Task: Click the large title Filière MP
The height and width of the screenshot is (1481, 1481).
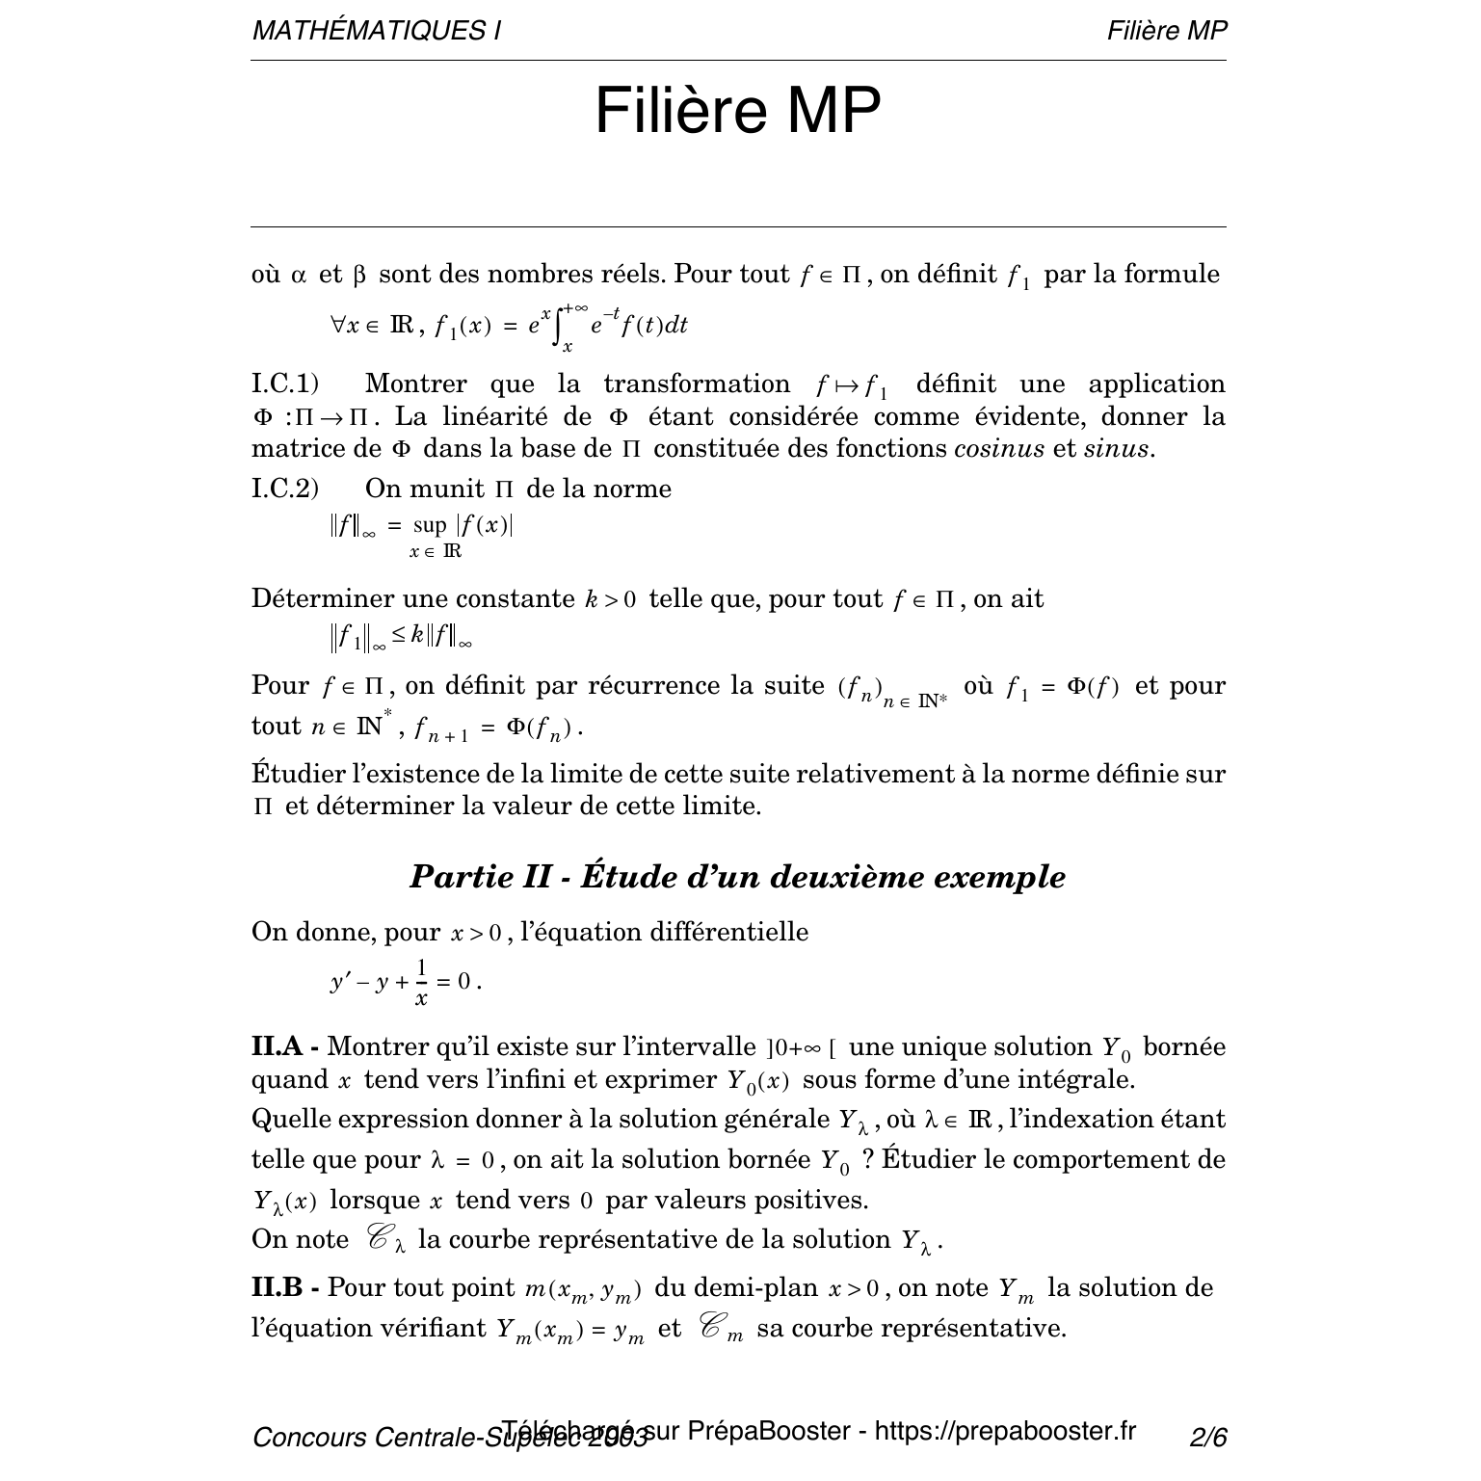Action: coord(738,111)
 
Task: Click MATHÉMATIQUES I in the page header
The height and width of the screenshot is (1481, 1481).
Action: coord(376,31)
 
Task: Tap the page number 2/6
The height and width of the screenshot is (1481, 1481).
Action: coord(1208,1438)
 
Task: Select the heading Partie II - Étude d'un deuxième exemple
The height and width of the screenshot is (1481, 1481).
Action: coord(738,877)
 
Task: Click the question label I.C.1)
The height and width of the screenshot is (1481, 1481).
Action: coord(285,383)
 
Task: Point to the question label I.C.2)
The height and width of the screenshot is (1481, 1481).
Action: coord(285,489)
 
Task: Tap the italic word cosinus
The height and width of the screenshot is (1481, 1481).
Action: coord(998,448)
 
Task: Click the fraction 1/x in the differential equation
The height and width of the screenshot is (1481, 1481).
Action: coord(421,982)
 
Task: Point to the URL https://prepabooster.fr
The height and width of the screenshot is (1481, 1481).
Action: coord(1005,1431)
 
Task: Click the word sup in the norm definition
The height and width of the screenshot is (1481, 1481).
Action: coord(430,526)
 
